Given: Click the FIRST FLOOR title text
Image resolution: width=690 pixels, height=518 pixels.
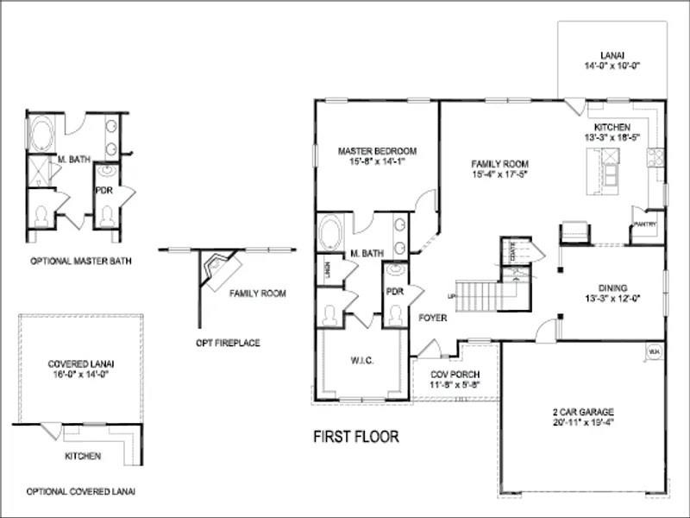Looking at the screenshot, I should coord(355,437).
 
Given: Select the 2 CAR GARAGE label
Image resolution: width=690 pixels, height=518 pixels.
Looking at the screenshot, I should coord(583,413).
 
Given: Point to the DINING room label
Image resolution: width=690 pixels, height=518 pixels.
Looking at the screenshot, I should coord(613,288).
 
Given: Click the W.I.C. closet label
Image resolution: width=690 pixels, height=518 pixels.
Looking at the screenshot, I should coord(362,360).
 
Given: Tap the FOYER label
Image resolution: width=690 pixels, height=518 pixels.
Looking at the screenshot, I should coord(432,318).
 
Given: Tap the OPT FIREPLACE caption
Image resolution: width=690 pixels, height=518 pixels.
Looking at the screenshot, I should coord(229,343).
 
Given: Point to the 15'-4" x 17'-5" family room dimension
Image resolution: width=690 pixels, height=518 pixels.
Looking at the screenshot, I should coord(499,174).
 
